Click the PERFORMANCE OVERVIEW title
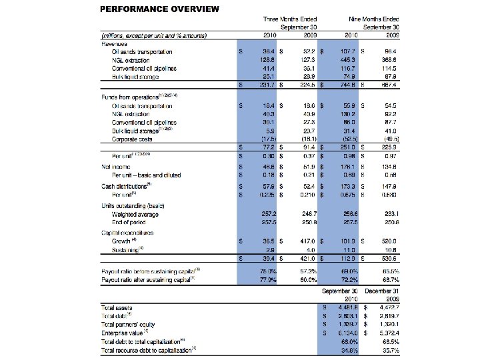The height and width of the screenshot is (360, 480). [159, 9]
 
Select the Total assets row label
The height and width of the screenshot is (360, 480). [118, 307]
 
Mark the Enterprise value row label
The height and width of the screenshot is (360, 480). [125, 331]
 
